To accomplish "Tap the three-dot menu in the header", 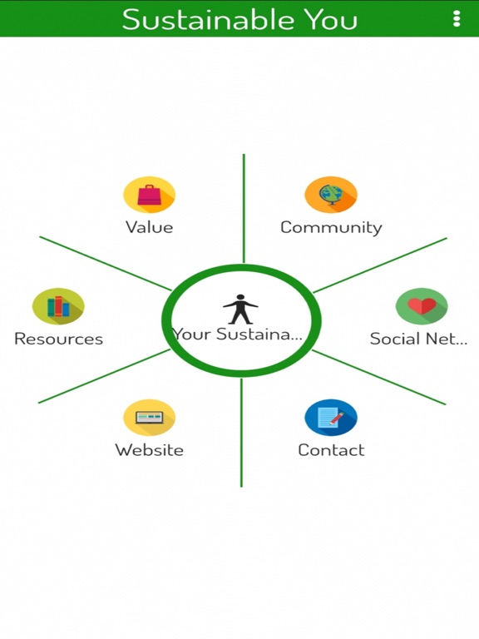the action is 457,19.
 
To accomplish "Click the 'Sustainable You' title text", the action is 239,19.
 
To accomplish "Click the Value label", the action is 149,227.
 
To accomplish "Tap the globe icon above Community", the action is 331,195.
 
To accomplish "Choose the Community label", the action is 331,228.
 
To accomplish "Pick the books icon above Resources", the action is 58,306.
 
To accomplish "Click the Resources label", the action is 59,339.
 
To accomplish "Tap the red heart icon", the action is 422,306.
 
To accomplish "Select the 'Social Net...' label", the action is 418,339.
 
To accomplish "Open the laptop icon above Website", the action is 150,418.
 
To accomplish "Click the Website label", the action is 150,450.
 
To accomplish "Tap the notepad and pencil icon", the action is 331,418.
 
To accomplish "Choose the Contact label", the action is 331,450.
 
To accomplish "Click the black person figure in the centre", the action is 240,309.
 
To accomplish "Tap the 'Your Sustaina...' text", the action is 238,334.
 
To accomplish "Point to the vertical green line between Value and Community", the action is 244,208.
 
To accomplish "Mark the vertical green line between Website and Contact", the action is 241,433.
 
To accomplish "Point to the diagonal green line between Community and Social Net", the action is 380,265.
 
